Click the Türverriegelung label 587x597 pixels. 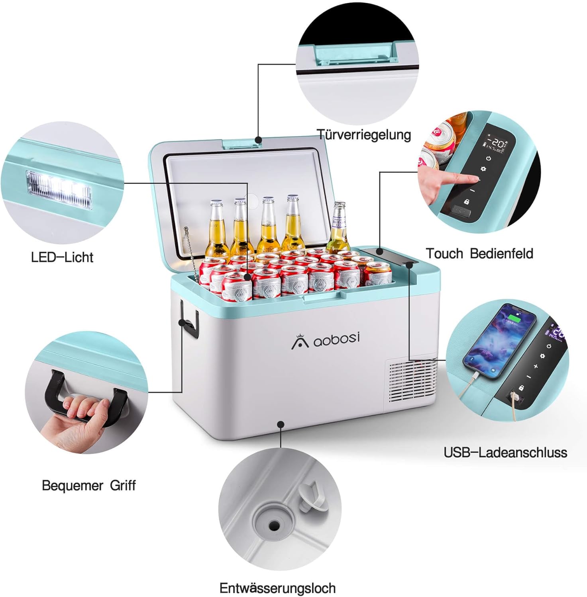point(363,135)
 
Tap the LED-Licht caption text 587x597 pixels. point(62,257)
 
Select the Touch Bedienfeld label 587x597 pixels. point(479,254)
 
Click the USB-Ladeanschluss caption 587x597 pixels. point(505,453)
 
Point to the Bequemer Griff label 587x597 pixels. point(88,486)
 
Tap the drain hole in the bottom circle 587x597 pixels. point(273,525)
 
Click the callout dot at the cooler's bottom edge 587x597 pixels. point(281,425)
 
